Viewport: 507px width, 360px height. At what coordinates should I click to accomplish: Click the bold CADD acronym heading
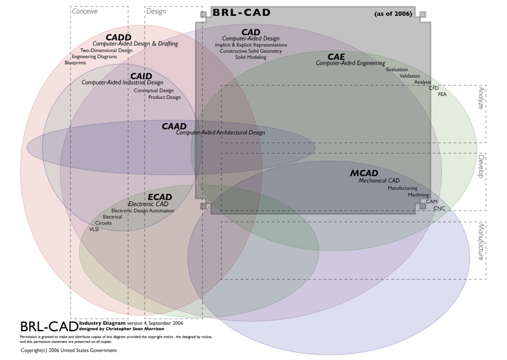tap(118, 37)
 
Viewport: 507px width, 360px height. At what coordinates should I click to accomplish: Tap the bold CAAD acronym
tap(174, 127)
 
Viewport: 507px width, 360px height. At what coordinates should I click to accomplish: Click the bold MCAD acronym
tap(364, 174)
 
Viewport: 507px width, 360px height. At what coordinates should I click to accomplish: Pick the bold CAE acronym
tap(336, 56)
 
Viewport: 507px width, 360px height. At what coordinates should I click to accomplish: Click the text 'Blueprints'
tap(75, 63)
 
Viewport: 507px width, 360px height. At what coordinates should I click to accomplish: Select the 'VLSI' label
tap(94, 229)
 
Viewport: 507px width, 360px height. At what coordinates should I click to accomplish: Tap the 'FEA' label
tap(442, 94)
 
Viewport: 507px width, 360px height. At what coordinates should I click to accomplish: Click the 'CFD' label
tap(434, 88)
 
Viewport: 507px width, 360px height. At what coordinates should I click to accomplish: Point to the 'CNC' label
tap(439, 209)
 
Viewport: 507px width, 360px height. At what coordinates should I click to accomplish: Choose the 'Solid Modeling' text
tap(251, 57)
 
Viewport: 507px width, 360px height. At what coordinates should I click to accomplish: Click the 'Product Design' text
tap(164, 97)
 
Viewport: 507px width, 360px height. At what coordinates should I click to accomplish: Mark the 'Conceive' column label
tap(85, 11)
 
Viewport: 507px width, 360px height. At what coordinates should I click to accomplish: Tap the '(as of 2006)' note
tap(394, 13)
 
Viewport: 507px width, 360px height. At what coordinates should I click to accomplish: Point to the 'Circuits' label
tap(103, 223)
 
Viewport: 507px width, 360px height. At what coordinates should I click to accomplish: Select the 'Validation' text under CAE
tap(409, 76)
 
